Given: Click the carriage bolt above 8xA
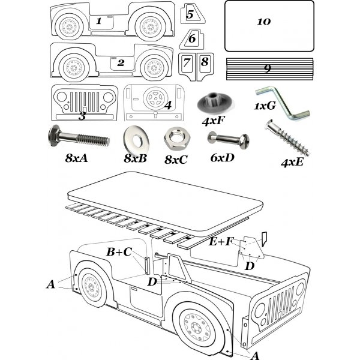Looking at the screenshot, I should point(77,139).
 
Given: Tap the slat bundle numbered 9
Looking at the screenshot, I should point(269,68).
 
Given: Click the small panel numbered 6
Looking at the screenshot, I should point(191,39).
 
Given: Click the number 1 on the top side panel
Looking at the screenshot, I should point(99,21).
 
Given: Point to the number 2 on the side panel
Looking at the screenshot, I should point(120,62).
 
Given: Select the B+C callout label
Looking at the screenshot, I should point(119,252).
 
